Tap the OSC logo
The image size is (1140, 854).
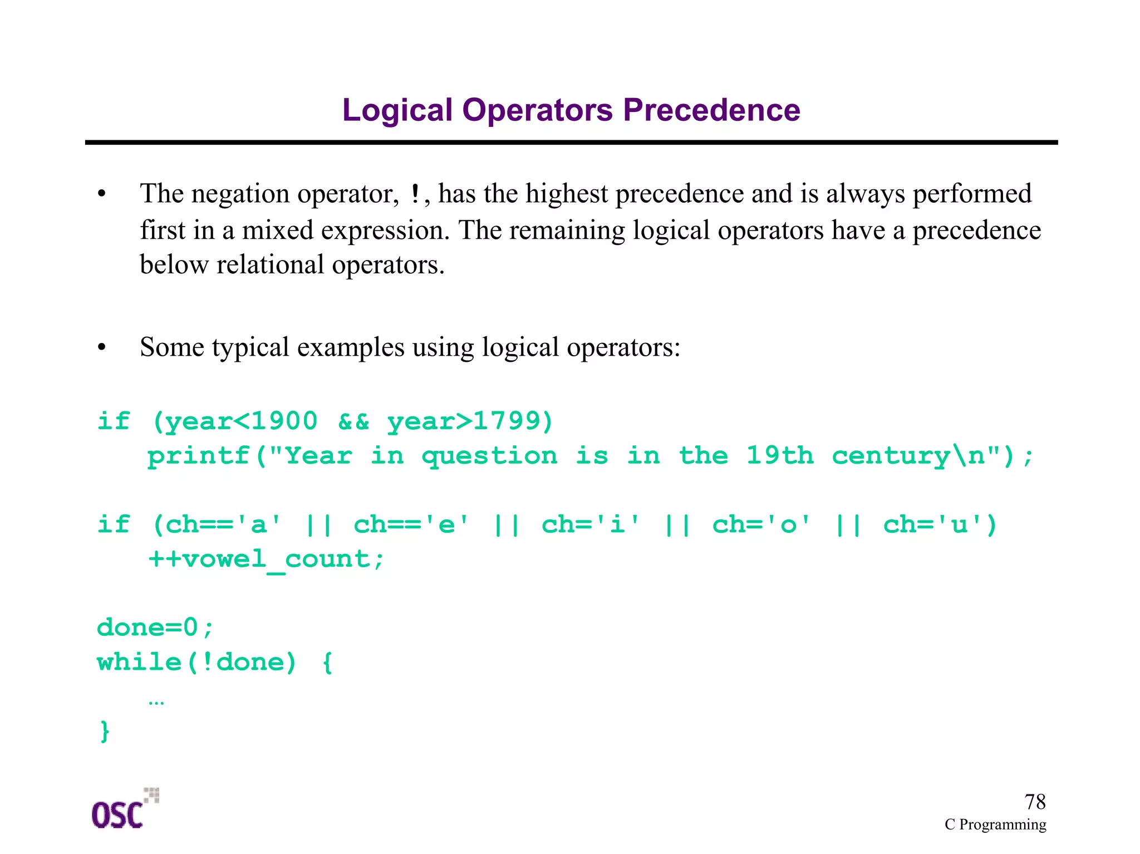point(124,811)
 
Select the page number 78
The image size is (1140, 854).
point(1035,802)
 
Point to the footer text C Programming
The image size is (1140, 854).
point(995,824)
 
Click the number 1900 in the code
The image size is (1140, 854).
point(284,421)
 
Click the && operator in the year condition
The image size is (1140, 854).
point(353,421)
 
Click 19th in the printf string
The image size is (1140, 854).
point(779,455)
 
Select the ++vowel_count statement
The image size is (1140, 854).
point(266,559)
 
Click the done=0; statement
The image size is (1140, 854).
point(155,628)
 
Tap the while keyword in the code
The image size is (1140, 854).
point(139,662)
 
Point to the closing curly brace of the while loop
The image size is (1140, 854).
point(105,730)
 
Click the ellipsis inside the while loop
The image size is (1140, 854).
point(156,703)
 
